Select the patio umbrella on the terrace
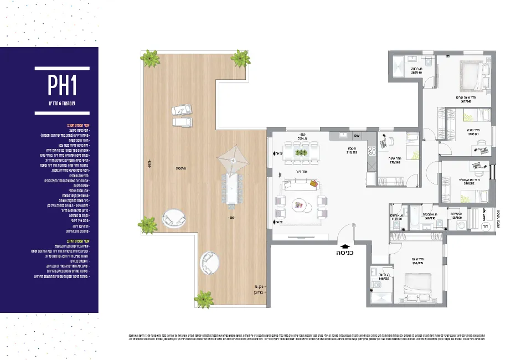233,160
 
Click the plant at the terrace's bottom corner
204,299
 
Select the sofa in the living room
300,186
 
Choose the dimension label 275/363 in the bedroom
394,161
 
